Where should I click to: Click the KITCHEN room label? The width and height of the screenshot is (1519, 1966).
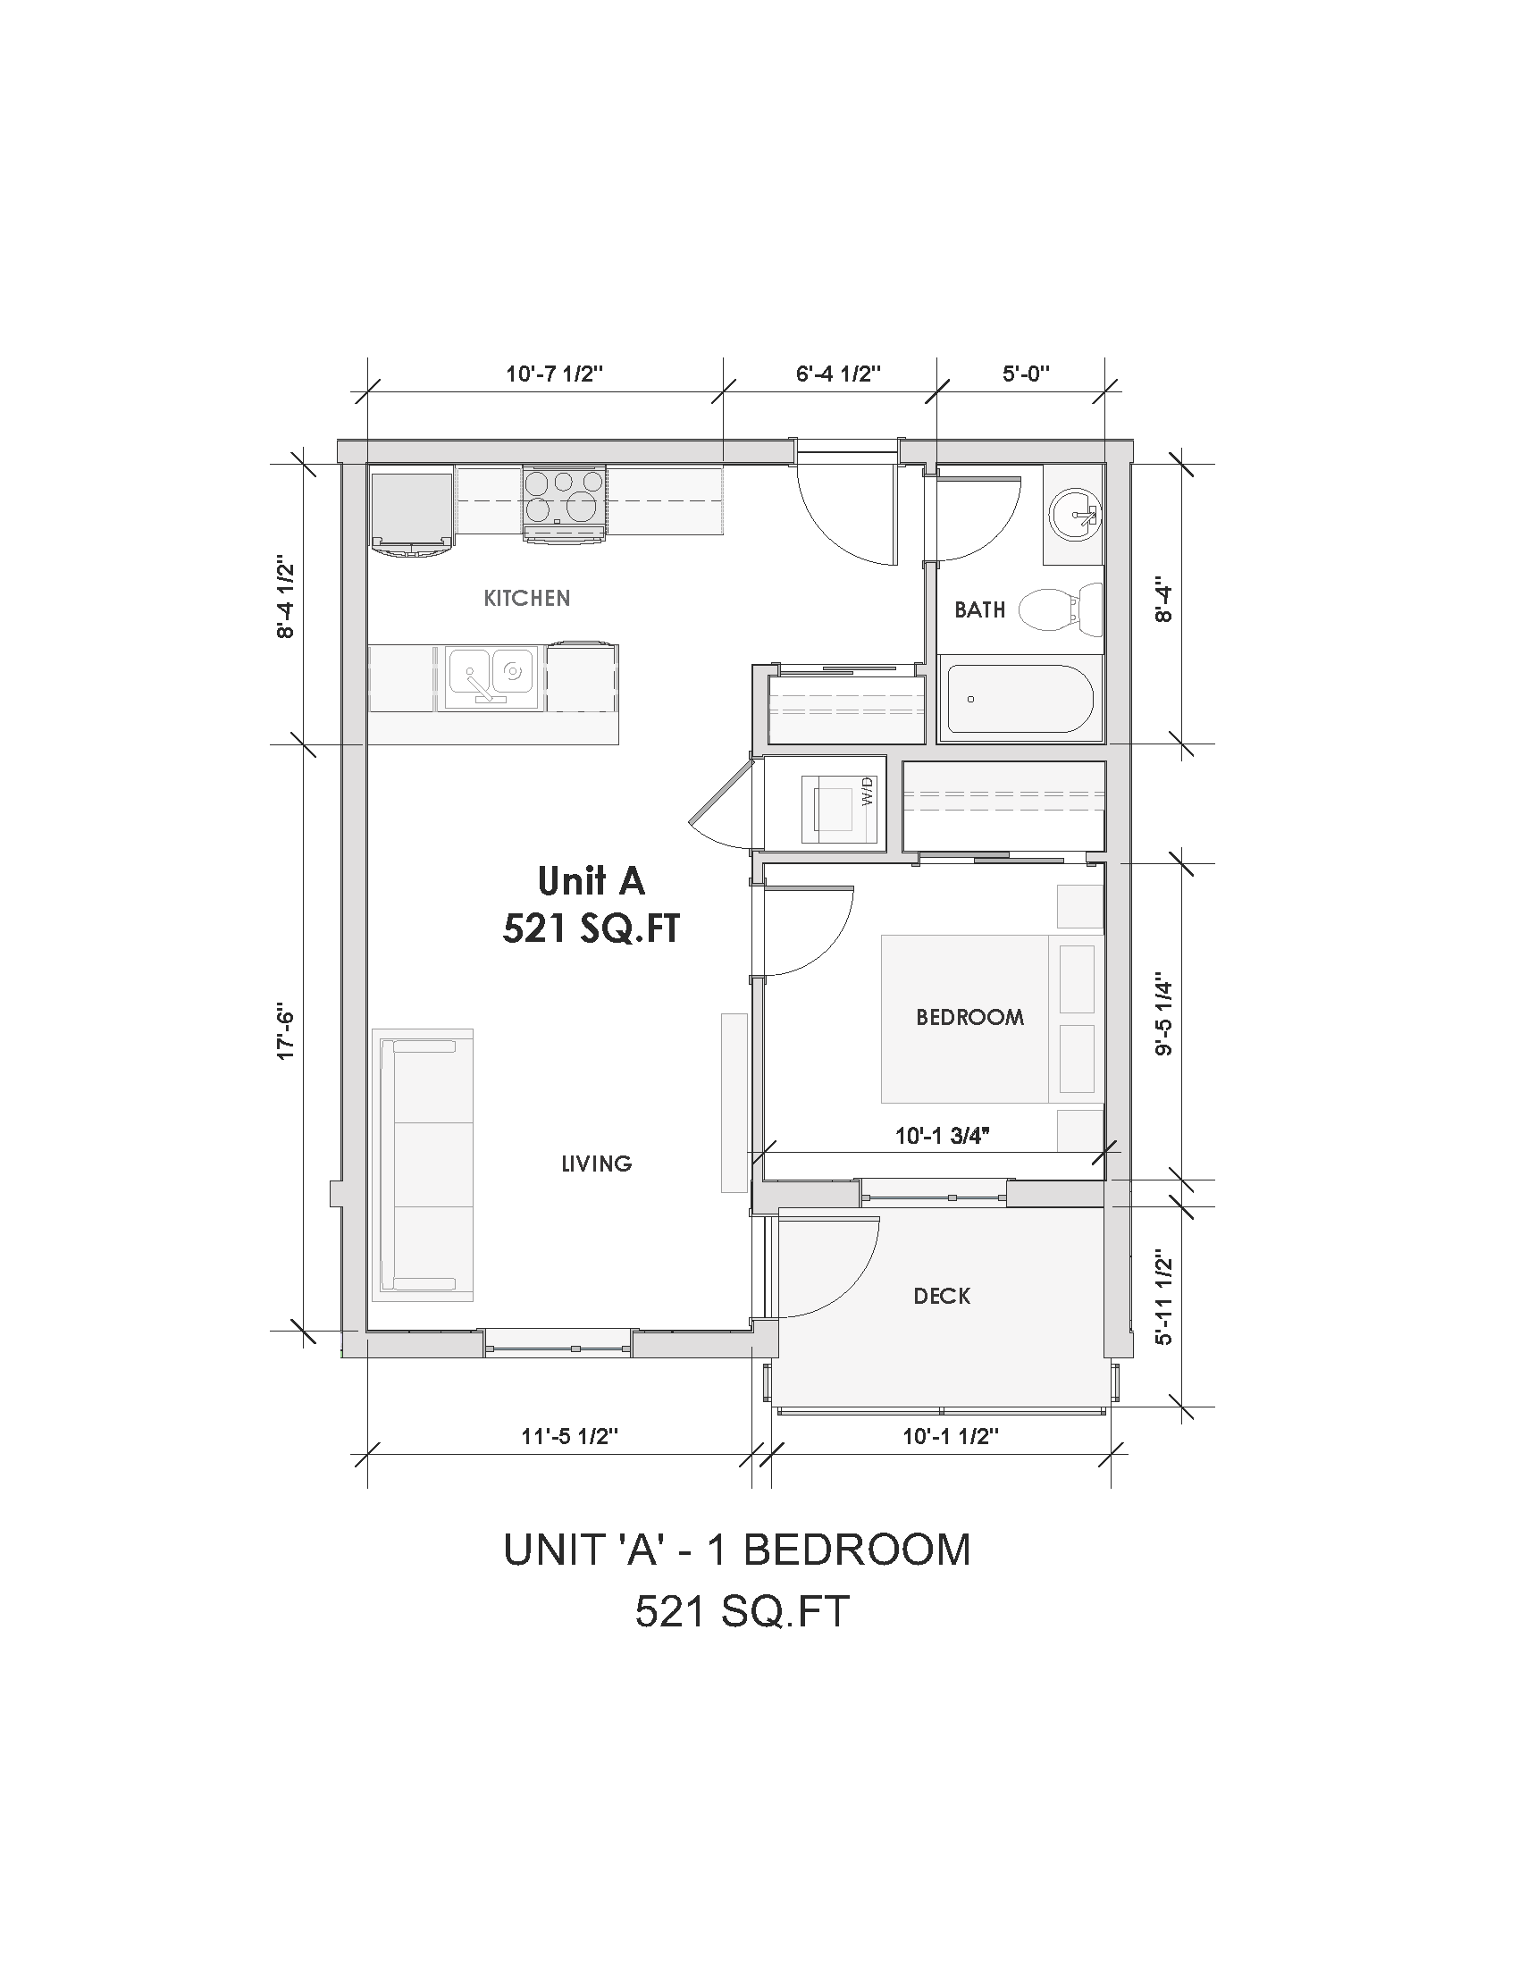526,598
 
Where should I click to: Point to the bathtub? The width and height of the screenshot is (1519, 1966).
1019,699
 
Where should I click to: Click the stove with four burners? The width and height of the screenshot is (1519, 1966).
564,503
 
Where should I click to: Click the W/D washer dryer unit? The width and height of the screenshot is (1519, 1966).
840,802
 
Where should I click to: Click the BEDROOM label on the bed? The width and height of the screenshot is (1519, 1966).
969,1017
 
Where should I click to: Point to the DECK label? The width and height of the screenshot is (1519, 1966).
941,1297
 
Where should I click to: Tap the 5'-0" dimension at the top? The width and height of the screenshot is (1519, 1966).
1026,373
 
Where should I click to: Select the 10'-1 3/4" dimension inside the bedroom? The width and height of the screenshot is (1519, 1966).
942,1137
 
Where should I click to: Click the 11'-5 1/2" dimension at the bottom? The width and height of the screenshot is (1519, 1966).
570,1436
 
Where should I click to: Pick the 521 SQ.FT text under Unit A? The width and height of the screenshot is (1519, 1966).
591,928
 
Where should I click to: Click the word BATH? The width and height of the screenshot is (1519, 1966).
979,610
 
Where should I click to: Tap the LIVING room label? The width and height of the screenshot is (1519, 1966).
596,1164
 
